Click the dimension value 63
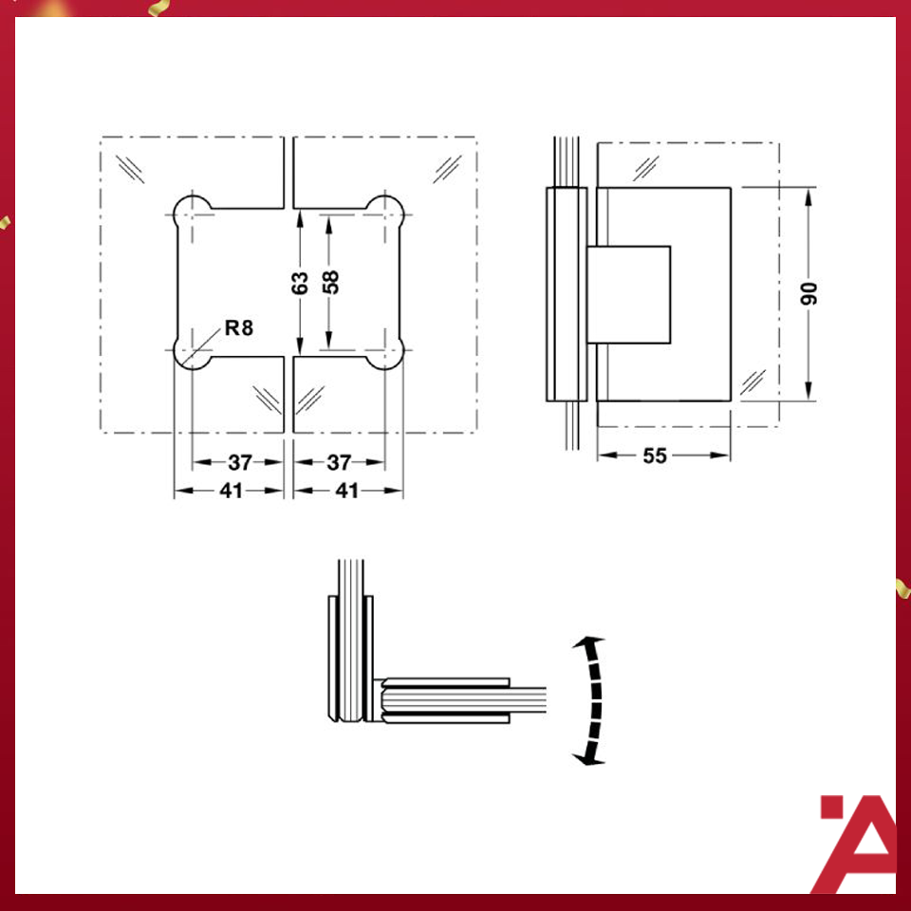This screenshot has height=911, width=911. point(300,282)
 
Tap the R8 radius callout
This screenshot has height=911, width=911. point(239,329)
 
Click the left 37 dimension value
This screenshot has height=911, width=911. point(239,463)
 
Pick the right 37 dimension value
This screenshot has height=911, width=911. point(339,463)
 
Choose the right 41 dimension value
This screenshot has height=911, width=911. point(347,491)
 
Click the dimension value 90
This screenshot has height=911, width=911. point(809,293)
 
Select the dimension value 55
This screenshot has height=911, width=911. point(655,456)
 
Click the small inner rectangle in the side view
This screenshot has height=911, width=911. point(629,294)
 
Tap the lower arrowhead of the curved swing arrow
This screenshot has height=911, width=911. point(586,757)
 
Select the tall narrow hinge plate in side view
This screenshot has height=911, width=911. point(567,294)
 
